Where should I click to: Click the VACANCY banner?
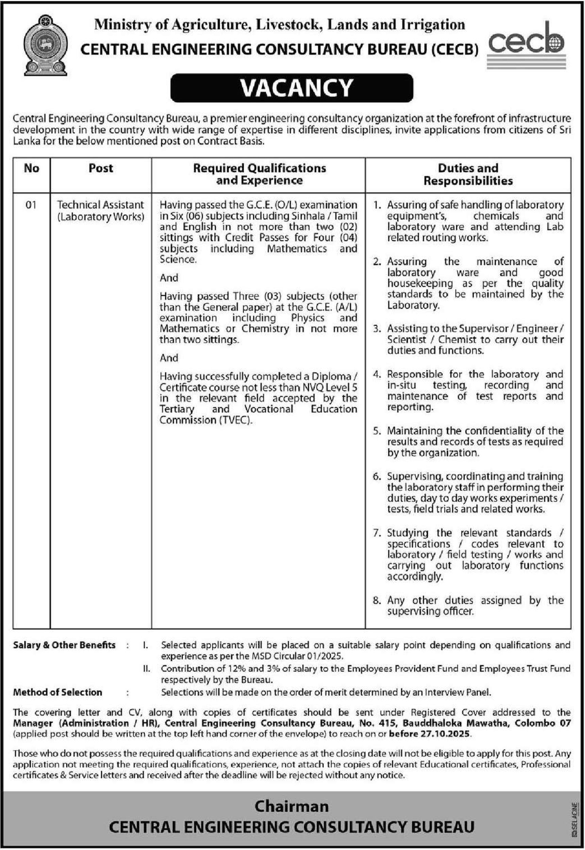292,88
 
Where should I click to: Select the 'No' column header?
32,168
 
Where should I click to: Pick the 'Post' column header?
101,168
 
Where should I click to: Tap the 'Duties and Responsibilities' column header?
468,174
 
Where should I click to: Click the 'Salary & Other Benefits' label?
65,645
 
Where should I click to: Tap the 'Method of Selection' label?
57,692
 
